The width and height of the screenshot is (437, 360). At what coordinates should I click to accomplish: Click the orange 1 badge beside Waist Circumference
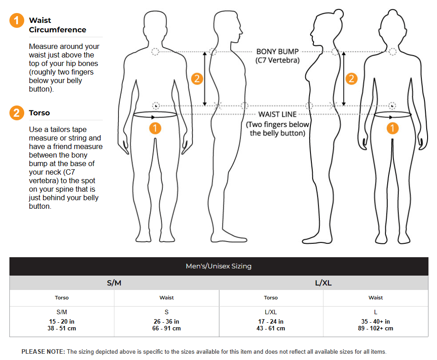[17, 21]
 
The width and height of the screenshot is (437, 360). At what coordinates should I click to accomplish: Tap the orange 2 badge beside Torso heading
[17, 113]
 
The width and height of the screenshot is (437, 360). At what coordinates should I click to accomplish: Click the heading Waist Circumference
[57, 25]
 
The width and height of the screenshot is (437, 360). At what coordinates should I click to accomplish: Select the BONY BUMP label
[277, 52]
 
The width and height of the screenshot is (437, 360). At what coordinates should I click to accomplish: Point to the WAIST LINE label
[277, 114]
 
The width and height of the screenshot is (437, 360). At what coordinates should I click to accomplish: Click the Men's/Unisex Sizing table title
[218, 266]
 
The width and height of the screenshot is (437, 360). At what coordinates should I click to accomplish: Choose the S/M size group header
[114, 283]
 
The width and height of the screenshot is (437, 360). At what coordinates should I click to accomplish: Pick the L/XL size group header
[323, 283]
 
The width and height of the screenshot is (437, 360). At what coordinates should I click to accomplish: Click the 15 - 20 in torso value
[62, 321]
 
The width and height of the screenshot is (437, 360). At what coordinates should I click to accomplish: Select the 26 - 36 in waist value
[166, 321]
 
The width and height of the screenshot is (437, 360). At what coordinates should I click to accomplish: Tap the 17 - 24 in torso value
[271, 321]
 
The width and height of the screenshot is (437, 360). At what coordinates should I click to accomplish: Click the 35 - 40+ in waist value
[376, 321]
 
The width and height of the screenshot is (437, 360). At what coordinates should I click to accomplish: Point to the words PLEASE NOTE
[43, 352]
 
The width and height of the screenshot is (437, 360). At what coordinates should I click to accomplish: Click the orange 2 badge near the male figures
[197, 79]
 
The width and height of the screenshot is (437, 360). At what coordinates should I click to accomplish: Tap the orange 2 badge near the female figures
[351, 79]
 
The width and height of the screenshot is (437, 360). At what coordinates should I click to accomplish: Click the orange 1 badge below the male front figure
[155, 128]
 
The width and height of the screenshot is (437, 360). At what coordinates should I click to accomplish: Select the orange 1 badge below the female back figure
[393, 128]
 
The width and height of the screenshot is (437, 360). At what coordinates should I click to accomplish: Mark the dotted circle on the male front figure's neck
[155, 52]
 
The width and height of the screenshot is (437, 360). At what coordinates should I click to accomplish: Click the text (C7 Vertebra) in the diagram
[277, 60]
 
